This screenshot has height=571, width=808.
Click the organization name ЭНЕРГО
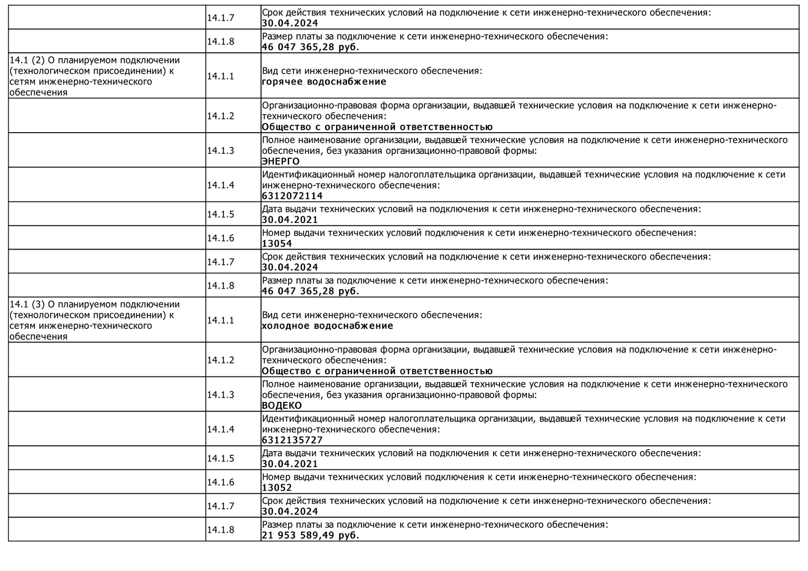pyautogui.click(x=281, y=162)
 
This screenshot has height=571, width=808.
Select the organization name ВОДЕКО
pyautogui.click(x=282, y=406)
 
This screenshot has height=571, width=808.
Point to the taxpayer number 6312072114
pyautogui.click(x=292, y=196)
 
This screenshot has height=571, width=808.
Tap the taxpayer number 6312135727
pyautogui.click(x=292, y=440)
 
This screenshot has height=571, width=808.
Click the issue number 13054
pyautogui.click(x=277, y=244)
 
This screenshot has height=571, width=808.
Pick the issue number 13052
pyautogui.click(x=277, y=488)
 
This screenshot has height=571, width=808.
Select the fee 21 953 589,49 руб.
pyautogui.click(x=310, y=536)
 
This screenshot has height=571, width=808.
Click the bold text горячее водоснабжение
pyautogui.click(x=324, y=82)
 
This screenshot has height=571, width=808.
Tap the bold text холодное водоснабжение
pyautogui.click(x=327, y=326)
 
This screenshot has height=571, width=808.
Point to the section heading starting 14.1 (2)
pyautogui.click(x=95, y=76)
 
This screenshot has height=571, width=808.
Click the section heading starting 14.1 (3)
pyautogui.click(x=95, y=320)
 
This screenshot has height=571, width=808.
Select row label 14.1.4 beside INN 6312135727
pyautogui.click(x=220, y=429)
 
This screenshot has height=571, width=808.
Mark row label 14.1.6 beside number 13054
pyautogui.click(x=220, y=238)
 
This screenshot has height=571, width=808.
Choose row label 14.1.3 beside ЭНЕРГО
pyautogui.click(x=220, y=151)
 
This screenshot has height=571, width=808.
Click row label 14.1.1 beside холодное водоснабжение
pyautogui.click(x=220, y=320)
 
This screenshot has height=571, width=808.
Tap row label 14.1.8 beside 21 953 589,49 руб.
pyautogui.click(x=220, y=530)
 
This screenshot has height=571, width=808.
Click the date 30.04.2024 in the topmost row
pyautogui.click(x=290, y=23)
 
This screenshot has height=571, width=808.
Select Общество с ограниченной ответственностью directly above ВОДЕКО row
pyautogui.click(x=377, y=371)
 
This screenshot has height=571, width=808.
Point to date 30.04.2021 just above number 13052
pyautogui.click(x=290, y=464)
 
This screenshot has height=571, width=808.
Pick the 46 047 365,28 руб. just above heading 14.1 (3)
pyautogui.click(x=310, y=291)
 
